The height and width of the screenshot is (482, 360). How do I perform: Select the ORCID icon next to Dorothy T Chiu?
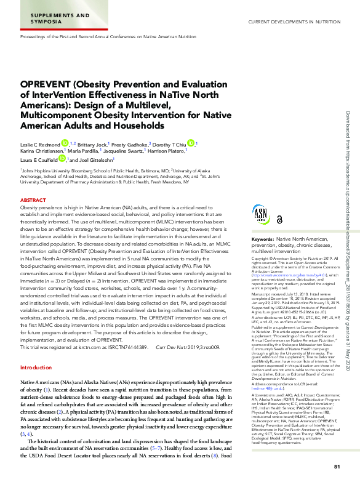tap(191, 143)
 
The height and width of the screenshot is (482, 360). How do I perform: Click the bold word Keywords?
tap(263, 238)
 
